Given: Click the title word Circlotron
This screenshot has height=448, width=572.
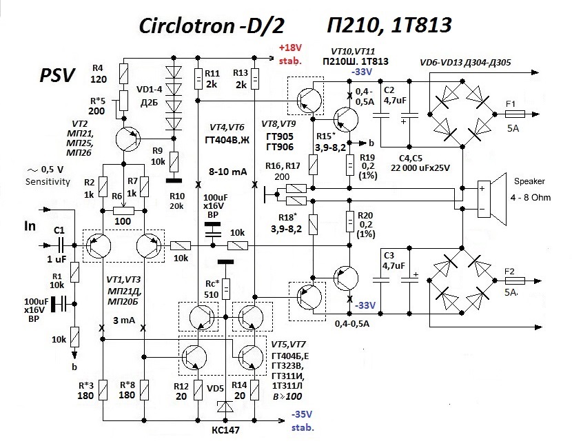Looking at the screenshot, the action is click(187, 26).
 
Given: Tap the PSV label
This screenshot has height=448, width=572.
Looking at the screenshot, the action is click(57, 75).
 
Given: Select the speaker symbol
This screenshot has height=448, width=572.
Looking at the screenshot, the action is click(492, 198).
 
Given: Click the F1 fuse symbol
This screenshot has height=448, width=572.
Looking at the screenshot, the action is click(515, 114).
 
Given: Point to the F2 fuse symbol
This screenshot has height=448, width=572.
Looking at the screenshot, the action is click(515, 281).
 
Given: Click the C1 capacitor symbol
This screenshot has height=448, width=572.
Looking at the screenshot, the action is click(59, 245).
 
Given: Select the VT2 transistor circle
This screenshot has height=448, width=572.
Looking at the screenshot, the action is click(127, 139).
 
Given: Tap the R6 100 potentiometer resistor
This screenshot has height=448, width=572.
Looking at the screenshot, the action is click(123, 211).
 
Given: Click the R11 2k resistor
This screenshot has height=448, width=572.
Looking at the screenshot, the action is click(198, 79).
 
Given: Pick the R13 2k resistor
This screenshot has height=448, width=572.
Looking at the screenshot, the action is click(255, 79).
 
